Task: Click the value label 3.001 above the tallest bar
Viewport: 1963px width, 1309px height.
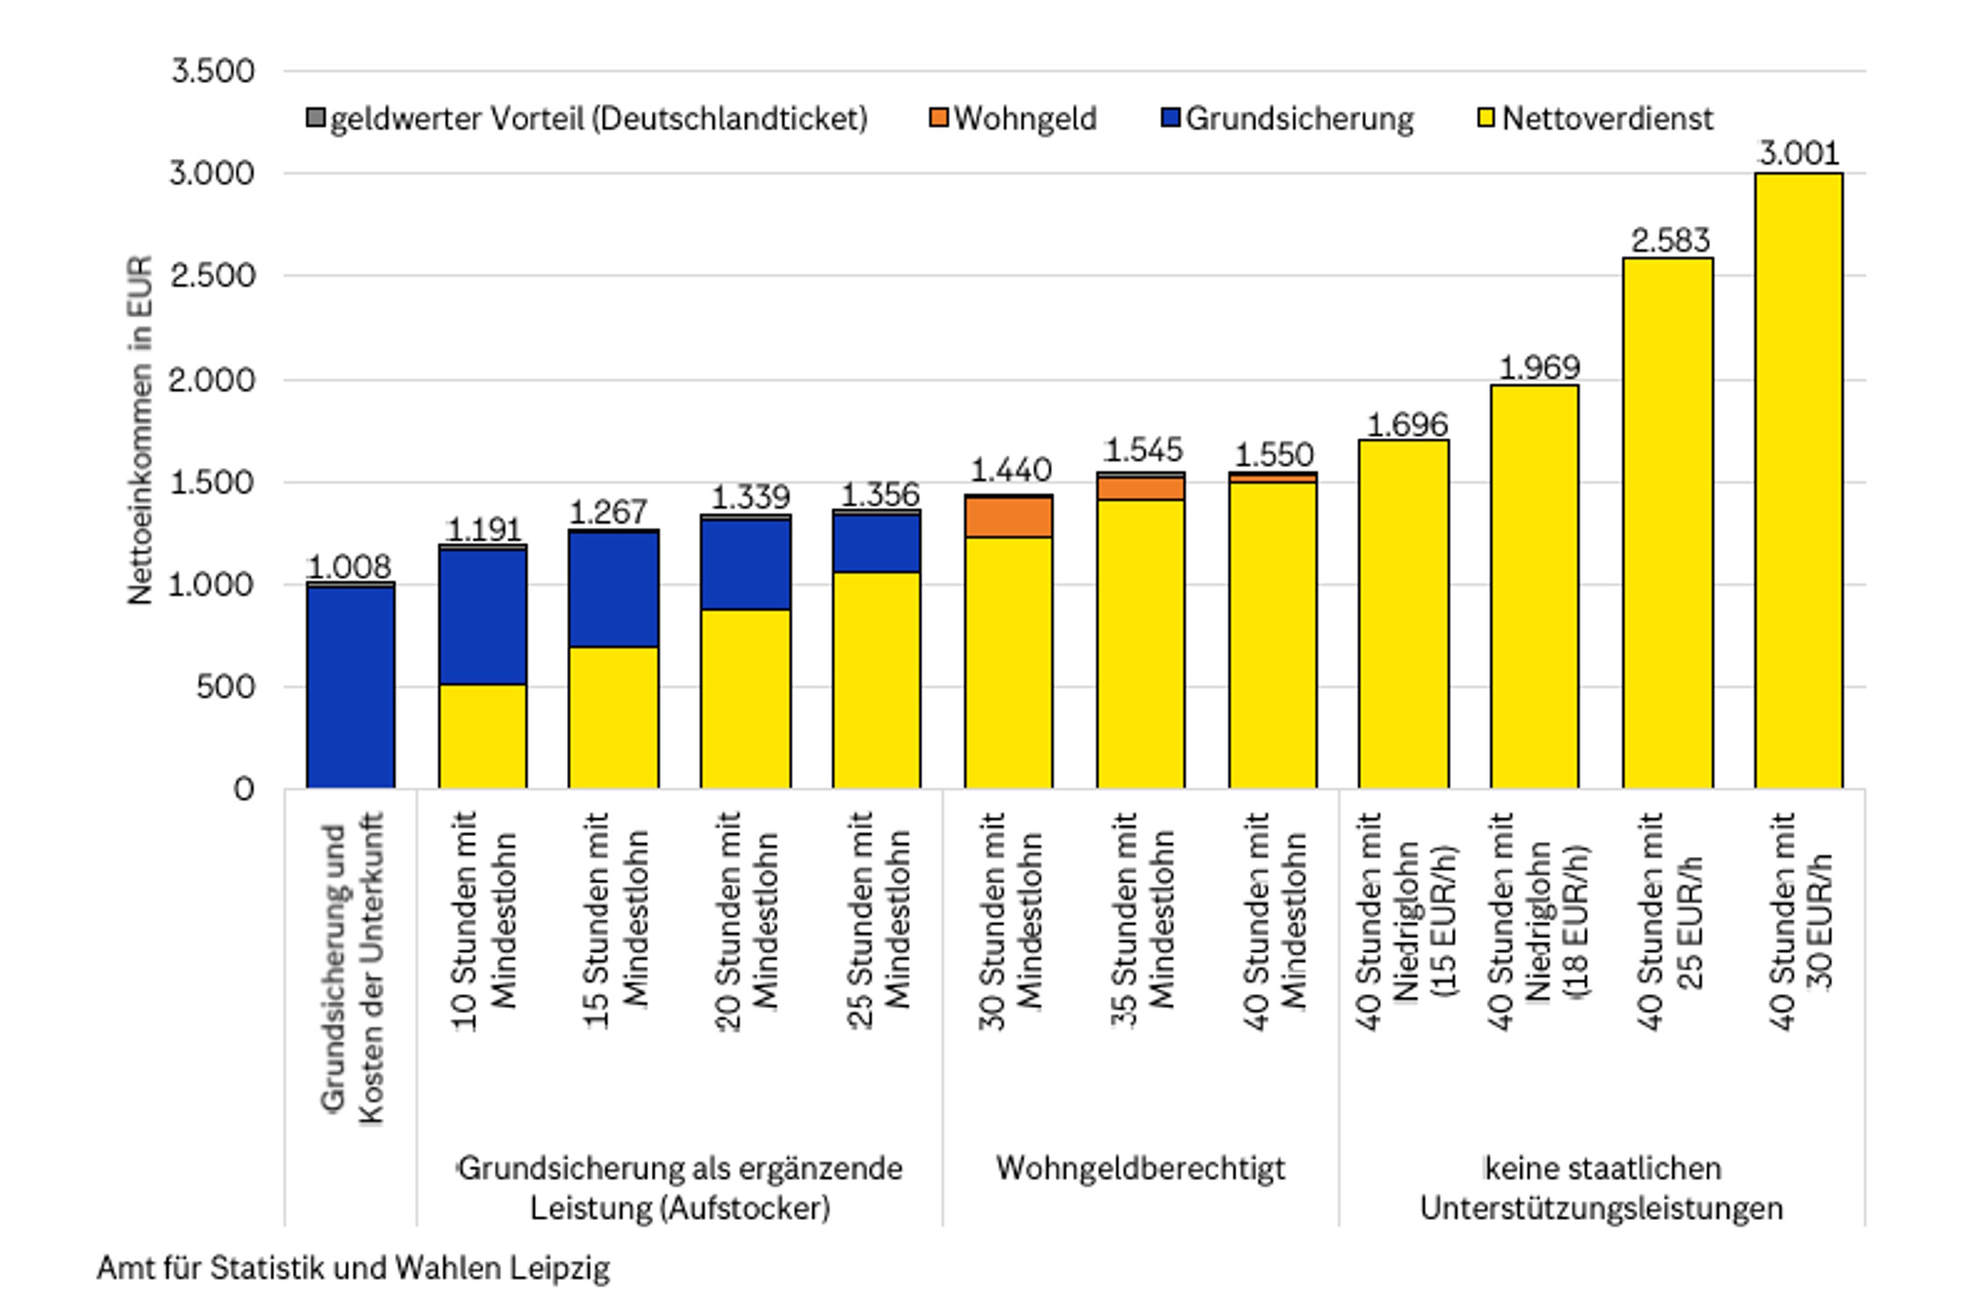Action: point(1798,154)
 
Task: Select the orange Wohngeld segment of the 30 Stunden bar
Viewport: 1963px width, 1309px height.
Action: point(1009,517)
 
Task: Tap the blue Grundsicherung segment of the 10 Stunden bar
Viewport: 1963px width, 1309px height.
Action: point(482,616)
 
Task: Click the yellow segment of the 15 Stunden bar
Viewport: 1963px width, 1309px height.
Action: point(613,717)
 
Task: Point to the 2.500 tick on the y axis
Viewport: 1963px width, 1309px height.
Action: point(212,276)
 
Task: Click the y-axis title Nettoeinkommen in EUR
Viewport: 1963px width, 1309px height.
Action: point(140,429)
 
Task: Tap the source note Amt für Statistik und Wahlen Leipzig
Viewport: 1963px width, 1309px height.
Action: point(353,1268)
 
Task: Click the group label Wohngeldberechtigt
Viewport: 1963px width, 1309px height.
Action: point(1140,1168)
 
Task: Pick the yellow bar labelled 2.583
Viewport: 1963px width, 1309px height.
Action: point(1667,524)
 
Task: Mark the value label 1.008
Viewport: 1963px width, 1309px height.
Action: point(350,567)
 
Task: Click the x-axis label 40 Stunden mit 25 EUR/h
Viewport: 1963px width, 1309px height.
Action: point(1668,921)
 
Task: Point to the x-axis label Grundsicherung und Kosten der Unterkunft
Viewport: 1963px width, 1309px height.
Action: point(352,969)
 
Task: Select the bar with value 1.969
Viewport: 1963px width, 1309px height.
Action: point(1535,586)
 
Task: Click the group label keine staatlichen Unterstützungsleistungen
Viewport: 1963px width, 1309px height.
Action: point(1601,1188)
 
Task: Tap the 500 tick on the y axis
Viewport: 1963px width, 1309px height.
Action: point(224,687)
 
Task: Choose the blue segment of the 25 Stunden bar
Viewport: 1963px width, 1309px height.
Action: point(876,543)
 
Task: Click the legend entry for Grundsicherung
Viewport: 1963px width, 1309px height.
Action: point(1288,119)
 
